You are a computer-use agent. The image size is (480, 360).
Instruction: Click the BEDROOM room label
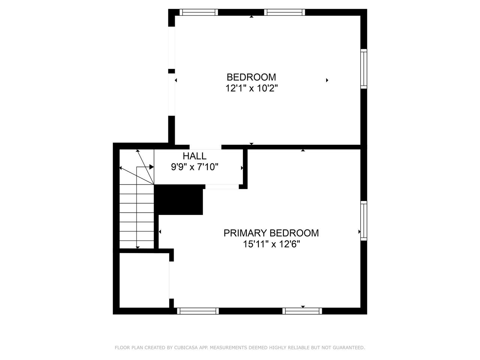[251, 77]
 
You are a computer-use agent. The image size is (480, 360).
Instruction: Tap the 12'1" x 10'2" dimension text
[252, 88]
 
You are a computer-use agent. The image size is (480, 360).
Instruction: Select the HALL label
[194, 156]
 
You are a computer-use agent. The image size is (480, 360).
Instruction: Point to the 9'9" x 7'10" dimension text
[195, 167]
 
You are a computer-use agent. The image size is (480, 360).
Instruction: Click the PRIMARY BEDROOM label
[271, 233]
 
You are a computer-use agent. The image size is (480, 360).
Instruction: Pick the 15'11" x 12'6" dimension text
[271, 244]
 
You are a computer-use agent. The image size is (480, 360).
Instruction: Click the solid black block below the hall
[178, 200]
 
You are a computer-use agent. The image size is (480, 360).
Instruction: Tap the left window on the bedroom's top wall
[199, 12]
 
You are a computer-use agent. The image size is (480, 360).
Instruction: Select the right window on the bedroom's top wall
[285, 12]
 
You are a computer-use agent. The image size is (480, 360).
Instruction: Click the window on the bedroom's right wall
[364, 69]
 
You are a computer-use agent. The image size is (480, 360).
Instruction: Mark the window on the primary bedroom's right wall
[364, 221]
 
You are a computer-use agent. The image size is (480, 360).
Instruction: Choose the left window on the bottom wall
[198, 311]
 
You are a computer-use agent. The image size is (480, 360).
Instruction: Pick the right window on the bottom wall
[302, 311]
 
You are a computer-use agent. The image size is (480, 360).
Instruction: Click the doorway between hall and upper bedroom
[205, 147]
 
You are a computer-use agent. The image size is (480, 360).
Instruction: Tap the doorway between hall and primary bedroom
[222, 187]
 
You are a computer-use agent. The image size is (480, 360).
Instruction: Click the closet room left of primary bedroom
[144, 280]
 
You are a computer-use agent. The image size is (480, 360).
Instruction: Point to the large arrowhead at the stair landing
[151, 167]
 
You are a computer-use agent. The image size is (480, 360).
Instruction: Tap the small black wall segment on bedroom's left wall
[171, 71]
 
